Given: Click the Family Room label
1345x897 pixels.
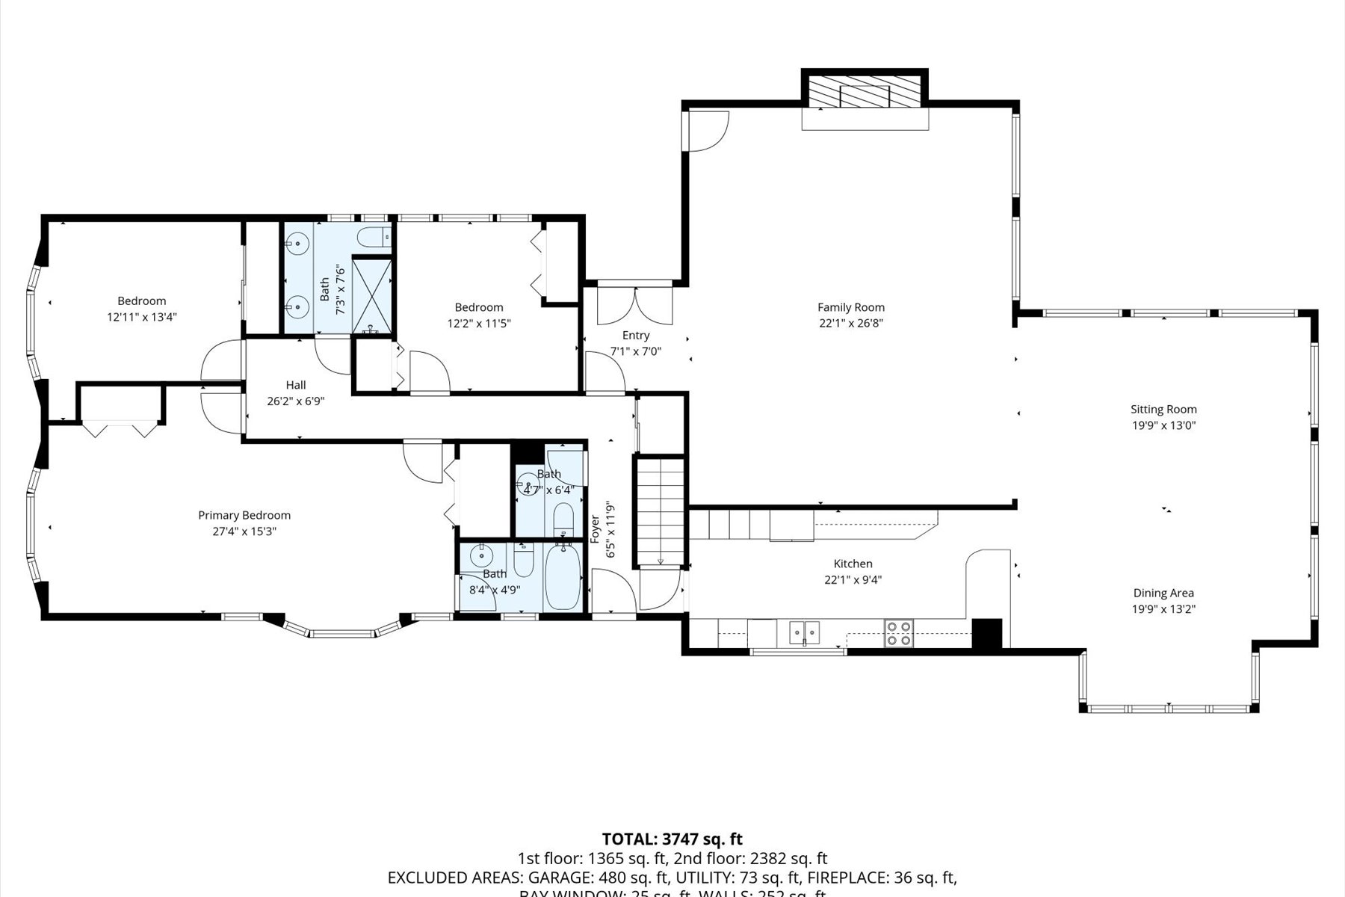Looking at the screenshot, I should click(x=850, y=307).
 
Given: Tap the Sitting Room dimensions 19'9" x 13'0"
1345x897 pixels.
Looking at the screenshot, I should click(x=1163, y=425).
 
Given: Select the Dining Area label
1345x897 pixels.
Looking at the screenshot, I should click(x=1163, y=593).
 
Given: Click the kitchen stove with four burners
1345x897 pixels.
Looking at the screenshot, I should click(x=898, y=633).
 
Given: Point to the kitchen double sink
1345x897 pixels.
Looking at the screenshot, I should click(x=804, y=632).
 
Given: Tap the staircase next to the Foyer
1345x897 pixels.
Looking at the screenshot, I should click(x=659, y=513).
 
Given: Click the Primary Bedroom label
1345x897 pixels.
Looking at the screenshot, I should click(x=244, y=515).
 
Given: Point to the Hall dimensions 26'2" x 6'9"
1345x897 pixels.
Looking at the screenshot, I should click(x=295, y=401).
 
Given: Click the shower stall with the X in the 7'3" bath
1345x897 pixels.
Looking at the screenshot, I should click(x=372, y=294).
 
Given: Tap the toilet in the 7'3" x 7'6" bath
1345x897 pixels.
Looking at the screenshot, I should click(x=373, y=238).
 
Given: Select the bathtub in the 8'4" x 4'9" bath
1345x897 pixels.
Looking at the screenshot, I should click(x=563, y=579).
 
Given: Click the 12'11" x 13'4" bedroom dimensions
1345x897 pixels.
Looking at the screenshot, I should click(x=141, y=317).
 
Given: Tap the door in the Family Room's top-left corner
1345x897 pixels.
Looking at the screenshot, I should click(x=706, y=130).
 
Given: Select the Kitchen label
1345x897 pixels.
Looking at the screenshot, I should click(x=853, y=564).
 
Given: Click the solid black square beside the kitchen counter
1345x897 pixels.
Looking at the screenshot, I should click(x=986, y=634).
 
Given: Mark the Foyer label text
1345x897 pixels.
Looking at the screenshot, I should click(x=596, y=528).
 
